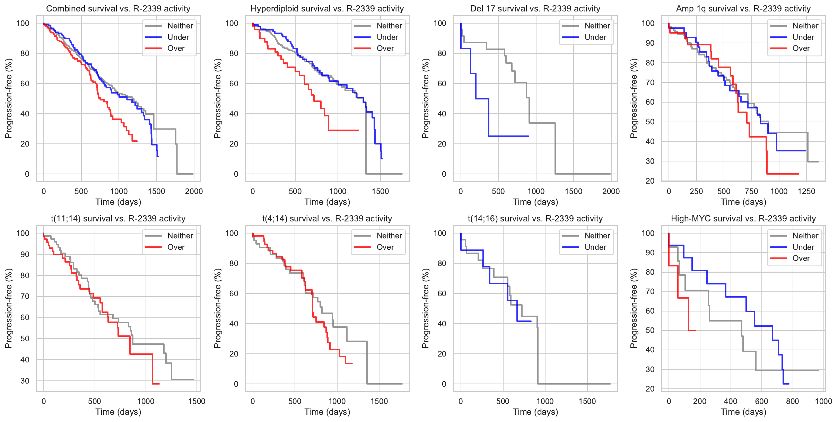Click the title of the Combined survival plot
118,9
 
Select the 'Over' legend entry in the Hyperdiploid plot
385,49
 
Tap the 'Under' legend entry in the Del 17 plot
595,37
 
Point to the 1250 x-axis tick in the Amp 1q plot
806,191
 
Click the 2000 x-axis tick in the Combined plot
194,191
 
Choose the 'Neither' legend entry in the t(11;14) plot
180,236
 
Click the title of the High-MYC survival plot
743,219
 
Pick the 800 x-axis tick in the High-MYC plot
793,401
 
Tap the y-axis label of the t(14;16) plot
426,308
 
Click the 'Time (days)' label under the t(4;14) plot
327,412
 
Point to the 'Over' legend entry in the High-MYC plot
801,258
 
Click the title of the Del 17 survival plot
535,9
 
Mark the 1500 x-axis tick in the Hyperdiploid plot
381,191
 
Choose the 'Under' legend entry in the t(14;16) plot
595,247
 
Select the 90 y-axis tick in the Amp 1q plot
648,43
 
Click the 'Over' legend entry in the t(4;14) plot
385,247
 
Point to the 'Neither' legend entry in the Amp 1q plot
805,26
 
